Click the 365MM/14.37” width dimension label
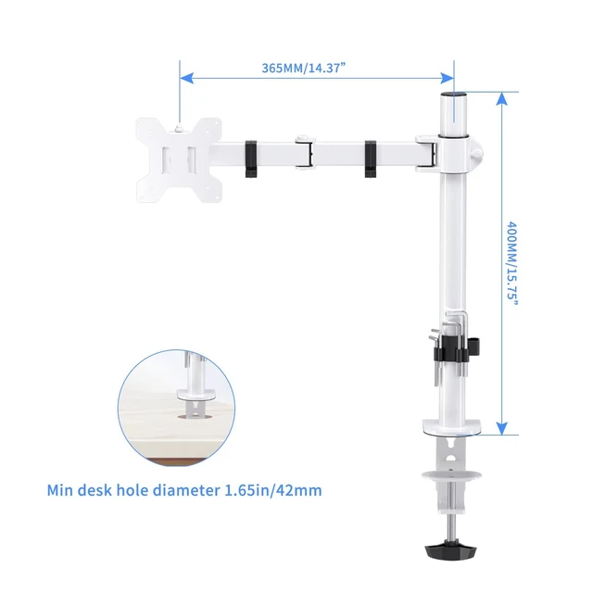click(304, 68)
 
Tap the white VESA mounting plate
click(179, 159)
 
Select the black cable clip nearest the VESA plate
click(251, 158)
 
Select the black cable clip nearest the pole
click(371, 158)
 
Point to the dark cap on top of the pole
click(454, 94)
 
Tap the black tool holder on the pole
click(456, 348)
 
